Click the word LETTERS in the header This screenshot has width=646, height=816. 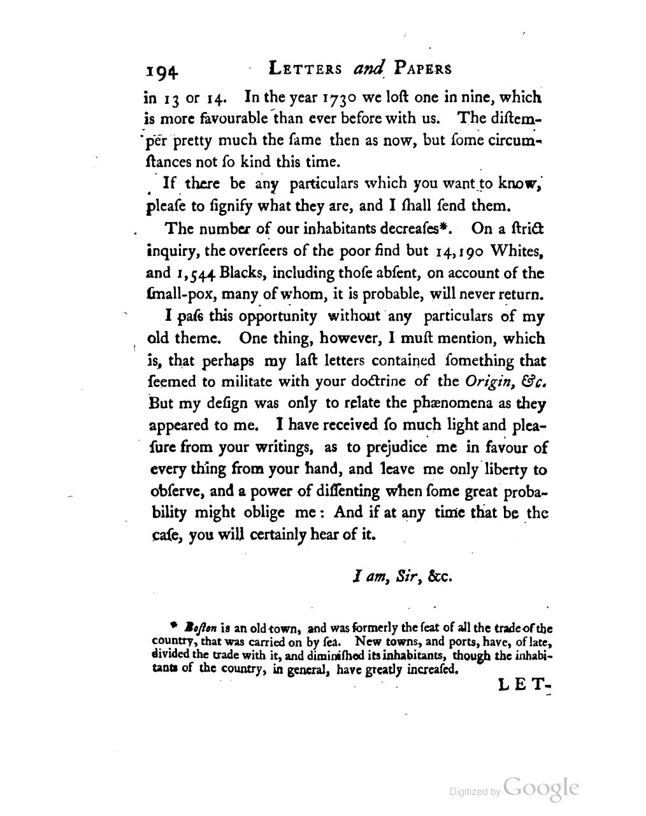click(x=306, y=69)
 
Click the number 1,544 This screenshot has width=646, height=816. click(x=194, y=274)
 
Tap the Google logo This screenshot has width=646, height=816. click(x=540, y=787)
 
